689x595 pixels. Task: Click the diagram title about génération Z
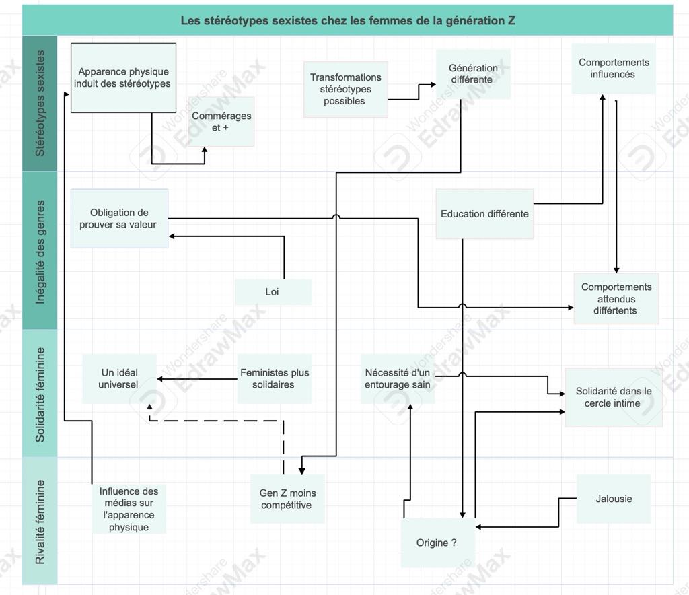pyautogui.click(x=347, y=20)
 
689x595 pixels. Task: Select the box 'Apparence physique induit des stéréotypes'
pyautogui.click(x=123, y=78)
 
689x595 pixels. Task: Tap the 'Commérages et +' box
pyautogui.click(x=221, y=121)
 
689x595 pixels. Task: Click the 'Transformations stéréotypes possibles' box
pyautogui.click(x=345, y=89)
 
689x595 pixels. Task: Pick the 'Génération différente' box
pyautogui.click(x=473, y=73)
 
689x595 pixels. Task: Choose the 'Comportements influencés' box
pyautogui.click(x=613, y=68)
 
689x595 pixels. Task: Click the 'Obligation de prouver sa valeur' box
pyautogui.click(x=118, y=218)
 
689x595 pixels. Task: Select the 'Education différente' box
pyautogui.click(x=484, y=214)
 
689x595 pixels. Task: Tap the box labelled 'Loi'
pyautogui.click(x=273, y=292)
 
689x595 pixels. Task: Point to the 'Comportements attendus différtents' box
pyautogui.click(x=616, y=298)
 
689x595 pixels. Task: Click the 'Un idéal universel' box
pyautogui.click(x=119, y=378)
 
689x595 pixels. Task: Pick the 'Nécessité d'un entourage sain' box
pyautogui.click(x=397, y=378)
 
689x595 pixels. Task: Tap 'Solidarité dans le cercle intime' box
pyautogui.click(x=614, y=397)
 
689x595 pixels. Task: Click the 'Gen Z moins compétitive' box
pyautogui.click(x=287, y=499)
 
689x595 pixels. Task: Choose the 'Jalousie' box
pyautogui.click(x=614, y=499)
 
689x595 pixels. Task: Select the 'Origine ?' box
pyautogui.click(x=437, y=542)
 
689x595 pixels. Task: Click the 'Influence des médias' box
pyautogui.click(x=129, y=509)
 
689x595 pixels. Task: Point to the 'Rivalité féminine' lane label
pyautogui.click(x=40, y=520)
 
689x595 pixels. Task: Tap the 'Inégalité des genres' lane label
pyautogui.click(x=40, y=250)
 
